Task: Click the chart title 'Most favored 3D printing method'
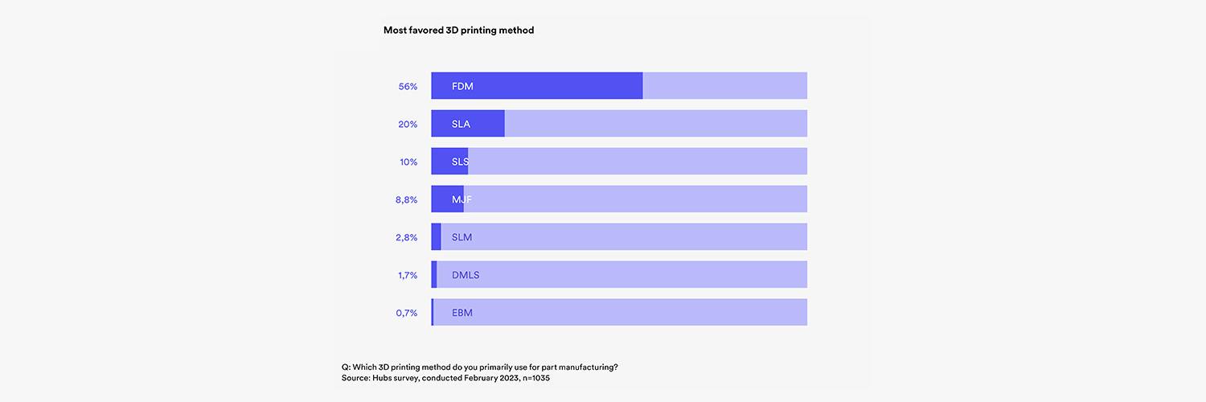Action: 458,31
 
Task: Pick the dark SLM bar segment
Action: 437,237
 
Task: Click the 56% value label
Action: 408,86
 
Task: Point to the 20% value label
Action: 408,124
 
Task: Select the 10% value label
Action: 408,162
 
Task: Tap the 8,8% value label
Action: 406,199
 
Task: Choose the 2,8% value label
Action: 406,237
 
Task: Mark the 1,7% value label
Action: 407,275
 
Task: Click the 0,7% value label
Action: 406,313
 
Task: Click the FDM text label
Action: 462,86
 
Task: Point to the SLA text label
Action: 461,124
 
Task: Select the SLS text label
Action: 461,162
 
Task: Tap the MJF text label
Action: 461,199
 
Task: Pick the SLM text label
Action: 461,237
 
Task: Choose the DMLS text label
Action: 466,275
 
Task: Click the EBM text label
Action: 462,313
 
